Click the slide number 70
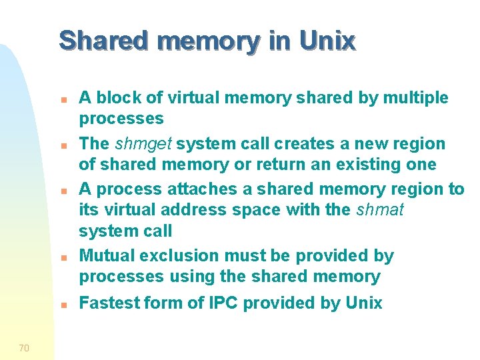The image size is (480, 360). coord(24,347)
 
